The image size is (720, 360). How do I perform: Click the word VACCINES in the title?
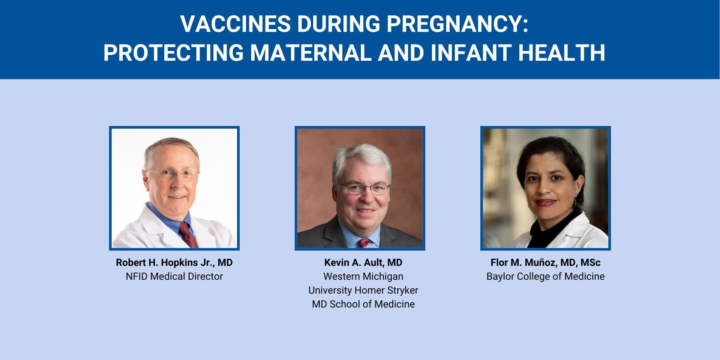[235, 24]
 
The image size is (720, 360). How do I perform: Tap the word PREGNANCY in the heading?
[457, 24]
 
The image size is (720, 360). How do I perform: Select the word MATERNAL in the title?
[311, 52]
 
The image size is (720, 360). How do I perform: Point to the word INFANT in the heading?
[471, 52]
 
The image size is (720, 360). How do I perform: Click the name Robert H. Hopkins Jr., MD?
[174, 262]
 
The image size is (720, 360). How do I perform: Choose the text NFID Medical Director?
[174, 276]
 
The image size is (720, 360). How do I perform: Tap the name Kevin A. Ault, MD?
[363, 262]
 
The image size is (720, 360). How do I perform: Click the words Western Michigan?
[363, 276]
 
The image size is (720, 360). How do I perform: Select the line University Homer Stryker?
[363, 290]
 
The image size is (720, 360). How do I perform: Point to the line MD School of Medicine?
[363, 304]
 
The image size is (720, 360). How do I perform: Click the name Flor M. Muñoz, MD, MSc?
[546, 262]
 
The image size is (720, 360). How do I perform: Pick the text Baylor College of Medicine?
[546, 276]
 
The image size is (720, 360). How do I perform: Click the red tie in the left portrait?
[189, 234]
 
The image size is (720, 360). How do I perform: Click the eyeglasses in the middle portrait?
[364, 188]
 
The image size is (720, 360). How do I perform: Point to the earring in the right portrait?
[575, 201]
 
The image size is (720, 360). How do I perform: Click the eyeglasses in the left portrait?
[173, 174]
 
